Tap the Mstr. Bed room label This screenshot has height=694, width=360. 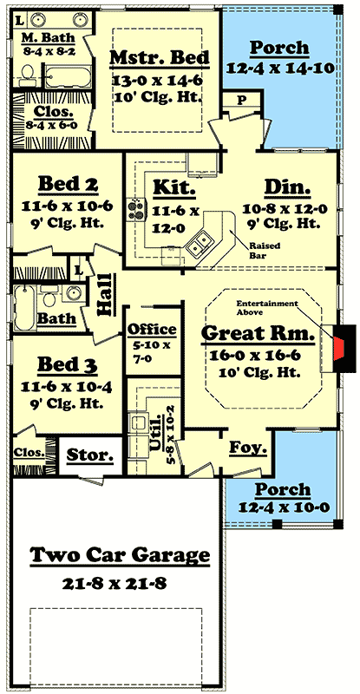160,58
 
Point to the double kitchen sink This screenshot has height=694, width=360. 199,245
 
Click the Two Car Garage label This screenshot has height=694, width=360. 120,555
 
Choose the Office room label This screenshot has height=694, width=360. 152,330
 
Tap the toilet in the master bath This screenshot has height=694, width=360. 28,75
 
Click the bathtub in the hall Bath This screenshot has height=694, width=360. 24,308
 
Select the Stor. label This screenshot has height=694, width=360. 90,455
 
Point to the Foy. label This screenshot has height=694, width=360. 248,448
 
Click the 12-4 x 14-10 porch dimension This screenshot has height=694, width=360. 280,69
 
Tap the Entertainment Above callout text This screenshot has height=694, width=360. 267,308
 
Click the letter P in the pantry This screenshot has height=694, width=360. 242,100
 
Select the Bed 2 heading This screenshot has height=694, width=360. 69,185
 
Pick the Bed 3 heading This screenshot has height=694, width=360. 68,364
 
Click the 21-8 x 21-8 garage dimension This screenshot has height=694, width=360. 114,584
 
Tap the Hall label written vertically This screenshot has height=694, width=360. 105,294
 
